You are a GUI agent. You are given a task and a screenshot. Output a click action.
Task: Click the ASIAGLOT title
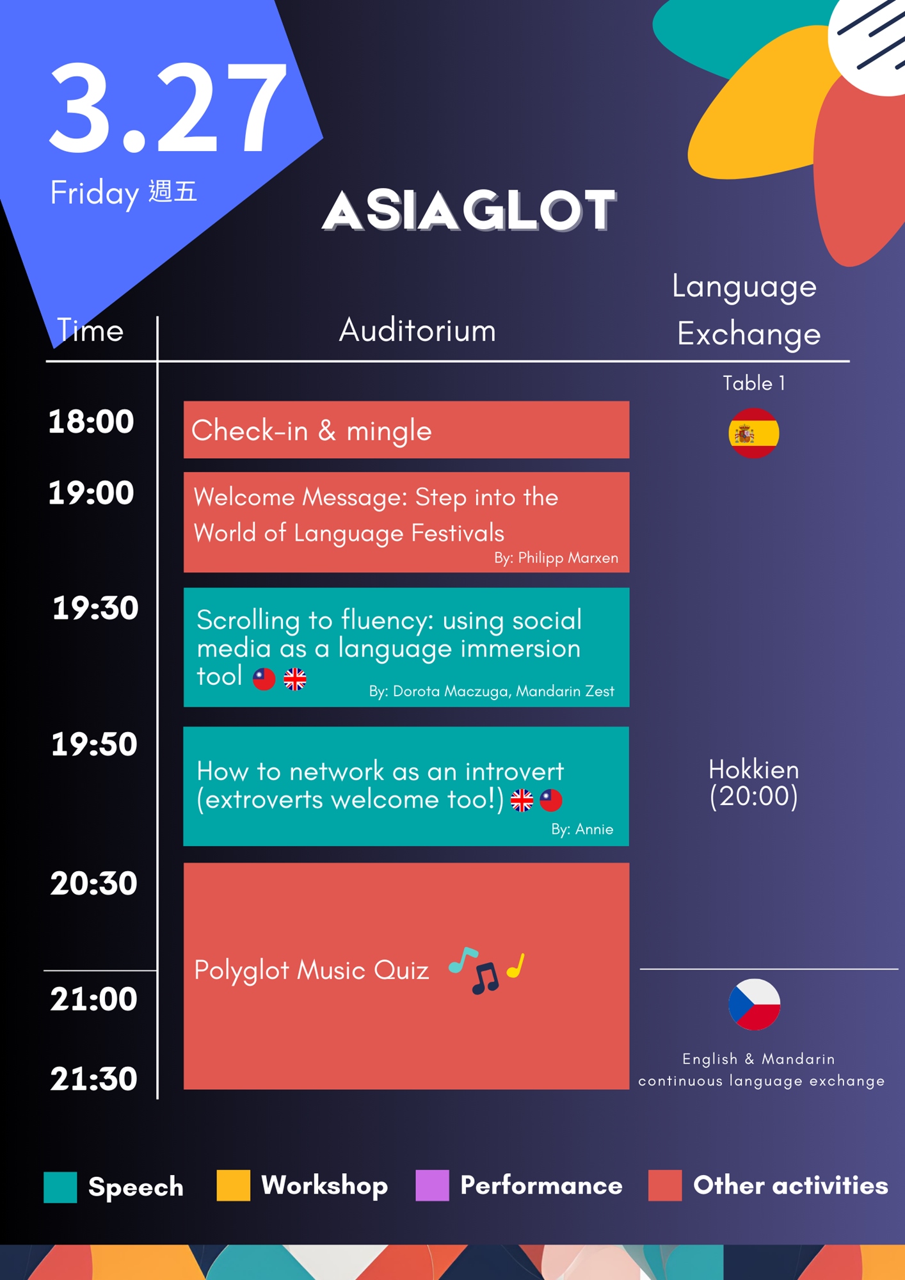click(x=469, y=210)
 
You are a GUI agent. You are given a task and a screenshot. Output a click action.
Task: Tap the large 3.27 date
click(x=168, y=108)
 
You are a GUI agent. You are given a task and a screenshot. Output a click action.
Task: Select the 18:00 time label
click(x=92, y=422)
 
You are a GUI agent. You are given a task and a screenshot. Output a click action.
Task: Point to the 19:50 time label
click(x=94, y=744)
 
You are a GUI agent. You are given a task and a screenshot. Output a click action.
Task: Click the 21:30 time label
click(x=94, y=1078)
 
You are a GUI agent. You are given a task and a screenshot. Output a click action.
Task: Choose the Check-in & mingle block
click(x=406, y=429)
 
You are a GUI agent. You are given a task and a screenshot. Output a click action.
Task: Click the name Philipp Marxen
click(x=568, y=557)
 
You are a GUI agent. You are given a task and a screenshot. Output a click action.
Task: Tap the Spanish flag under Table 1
click(x=754, y=433)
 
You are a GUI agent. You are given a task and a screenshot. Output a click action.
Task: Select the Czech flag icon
click(x=755, y=1004)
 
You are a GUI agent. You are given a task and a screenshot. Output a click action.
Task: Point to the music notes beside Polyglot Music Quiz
click(x=487, y=969)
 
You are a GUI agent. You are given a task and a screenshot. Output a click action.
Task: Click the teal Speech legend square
click(x=60, y=1187)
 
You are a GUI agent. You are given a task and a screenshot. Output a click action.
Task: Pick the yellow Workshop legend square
click(x=233, y=1185)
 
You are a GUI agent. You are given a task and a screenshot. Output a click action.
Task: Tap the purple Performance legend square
click(x=432, y=1185)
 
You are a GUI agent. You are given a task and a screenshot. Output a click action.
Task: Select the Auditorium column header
click(x=417, y=330)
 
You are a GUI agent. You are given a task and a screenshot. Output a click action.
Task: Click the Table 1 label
click(x=754, y=383)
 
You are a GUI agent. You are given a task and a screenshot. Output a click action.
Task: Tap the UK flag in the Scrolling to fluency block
click(x=295, y=679)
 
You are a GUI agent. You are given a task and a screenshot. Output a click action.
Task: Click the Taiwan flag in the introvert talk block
click(x=551, y=800)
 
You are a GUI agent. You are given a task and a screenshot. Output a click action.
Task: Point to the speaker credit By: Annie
click(x=582, y=829)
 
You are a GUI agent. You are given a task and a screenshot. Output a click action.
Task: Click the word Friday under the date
click(x=95, y=193)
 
